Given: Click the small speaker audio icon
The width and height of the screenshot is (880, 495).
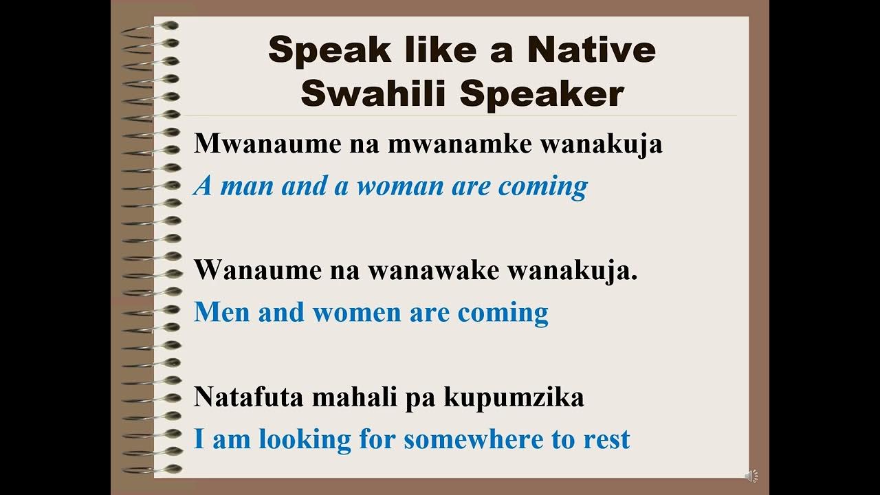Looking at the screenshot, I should pos(751,476).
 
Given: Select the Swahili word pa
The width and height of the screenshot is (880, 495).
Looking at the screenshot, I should pos(418,398).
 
